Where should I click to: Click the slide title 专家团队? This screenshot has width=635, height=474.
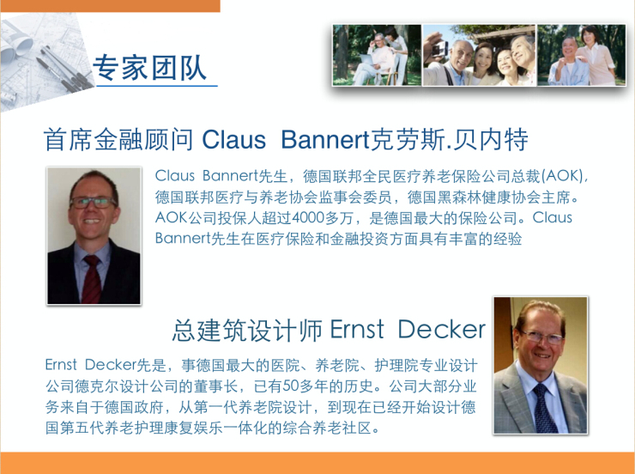pos(150,67)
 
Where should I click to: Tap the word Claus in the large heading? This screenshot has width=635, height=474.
pos(233,140)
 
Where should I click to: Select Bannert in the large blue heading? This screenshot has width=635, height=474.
pos(325,140)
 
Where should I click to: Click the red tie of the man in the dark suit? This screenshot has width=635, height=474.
pos(91,279)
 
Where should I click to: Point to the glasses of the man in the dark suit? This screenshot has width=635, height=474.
pos(94,202)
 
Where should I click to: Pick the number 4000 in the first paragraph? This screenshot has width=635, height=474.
pos(308,218)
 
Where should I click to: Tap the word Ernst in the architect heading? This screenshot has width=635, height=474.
pos(357,329)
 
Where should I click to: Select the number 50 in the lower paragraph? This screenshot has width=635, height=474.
pos(290,386)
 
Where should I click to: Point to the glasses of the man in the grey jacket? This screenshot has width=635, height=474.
pos(541,337)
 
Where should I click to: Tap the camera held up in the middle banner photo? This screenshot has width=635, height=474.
pos(438,49)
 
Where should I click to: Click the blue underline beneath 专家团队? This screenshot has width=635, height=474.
pos(157,86)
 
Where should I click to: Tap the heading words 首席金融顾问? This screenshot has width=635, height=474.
pos(118,140)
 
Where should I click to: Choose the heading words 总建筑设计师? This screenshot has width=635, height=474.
pos(247,330)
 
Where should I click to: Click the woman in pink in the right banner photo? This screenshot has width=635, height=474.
pos(596,55)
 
